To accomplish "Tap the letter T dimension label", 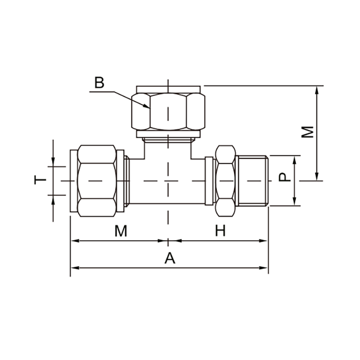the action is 40,180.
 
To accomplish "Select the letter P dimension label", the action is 285,177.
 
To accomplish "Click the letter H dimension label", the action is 220,230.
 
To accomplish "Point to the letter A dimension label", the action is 170,258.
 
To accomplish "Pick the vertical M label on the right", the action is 307,132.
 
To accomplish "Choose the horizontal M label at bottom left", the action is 121,231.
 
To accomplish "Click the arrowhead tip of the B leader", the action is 150,108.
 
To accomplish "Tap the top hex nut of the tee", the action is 168,112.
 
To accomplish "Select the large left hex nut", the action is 97,181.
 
